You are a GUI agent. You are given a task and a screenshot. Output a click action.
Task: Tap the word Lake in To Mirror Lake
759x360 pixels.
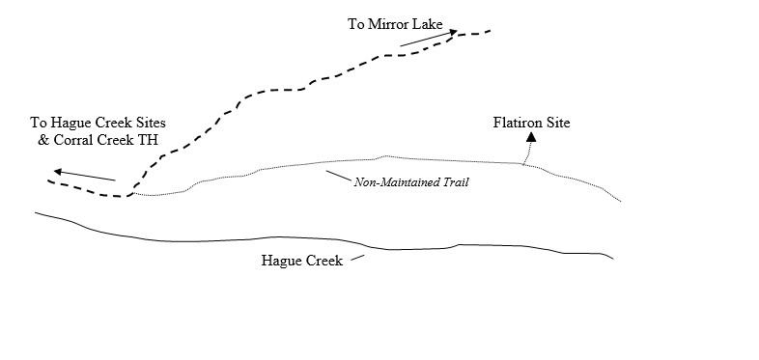tap(426, 22)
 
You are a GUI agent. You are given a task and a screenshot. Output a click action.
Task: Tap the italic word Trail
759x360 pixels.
tap(454, 181)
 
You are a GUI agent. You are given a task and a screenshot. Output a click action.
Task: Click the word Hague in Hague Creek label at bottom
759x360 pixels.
tap(281, 261)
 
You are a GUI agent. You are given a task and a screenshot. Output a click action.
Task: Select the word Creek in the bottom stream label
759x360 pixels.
tap(323, 261)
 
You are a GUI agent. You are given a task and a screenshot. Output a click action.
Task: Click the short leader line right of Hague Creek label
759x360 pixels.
tap(358, 258)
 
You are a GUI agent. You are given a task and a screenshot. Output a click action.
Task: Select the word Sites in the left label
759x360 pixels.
tap(149, 123)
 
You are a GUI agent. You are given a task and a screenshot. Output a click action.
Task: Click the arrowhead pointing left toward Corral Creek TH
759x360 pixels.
tap(57, 172)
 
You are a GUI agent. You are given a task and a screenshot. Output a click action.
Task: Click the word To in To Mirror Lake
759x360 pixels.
tap(355, 22)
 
